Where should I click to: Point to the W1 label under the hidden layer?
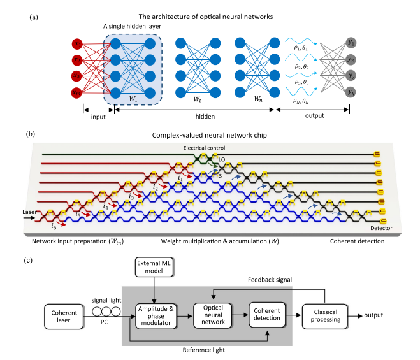(x=133, y=99)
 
